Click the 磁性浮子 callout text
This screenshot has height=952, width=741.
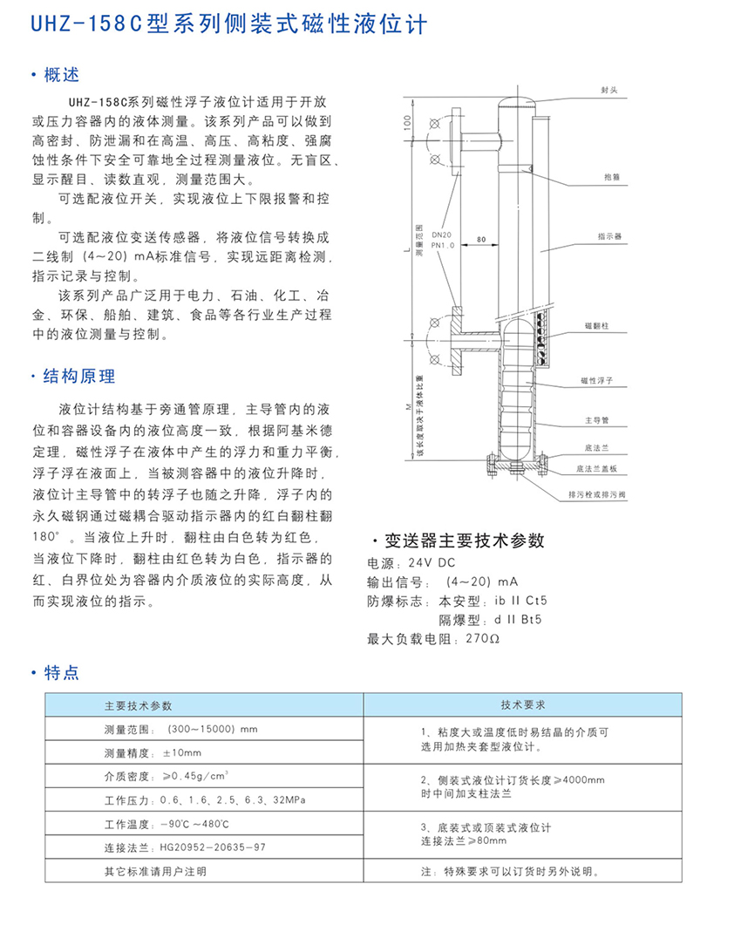[597, 381]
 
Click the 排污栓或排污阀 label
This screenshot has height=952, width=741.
[595, 494]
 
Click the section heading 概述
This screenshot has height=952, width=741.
[61, 75]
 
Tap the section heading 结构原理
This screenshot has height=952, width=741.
[78, 377]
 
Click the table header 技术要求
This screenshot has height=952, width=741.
[523, 704]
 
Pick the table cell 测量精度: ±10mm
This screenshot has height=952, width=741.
[153, 752]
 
